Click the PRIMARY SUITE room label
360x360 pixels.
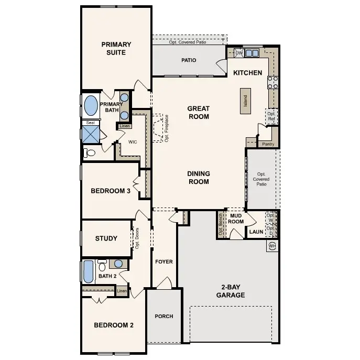[x=116, y=48]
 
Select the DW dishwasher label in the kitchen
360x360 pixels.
[x=239, y=53]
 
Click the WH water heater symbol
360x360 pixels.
[x=271, y=246]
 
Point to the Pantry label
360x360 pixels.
[x=268, y=144]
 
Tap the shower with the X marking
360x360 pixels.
[x=90, y=135]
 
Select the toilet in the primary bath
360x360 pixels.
[x=90, y=153]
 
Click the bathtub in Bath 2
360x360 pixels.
[x=88, y=272]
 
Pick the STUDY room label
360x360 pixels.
[x=106, y=238]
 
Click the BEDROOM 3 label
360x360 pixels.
[x=111, y=191]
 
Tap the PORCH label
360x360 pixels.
[x=163, y=316]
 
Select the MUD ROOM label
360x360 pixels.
[x=236, y=218]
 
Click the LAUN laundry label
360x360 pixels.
[x=256, y=231]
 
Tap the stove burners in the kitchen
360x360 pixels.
[x=273, y=82]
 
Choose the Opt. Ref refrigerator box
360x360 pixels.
[x=271, y=116]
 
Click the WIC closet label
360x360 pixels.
[x=133, y=142]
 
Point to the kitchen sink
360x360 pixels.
[x=252, y=53]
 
